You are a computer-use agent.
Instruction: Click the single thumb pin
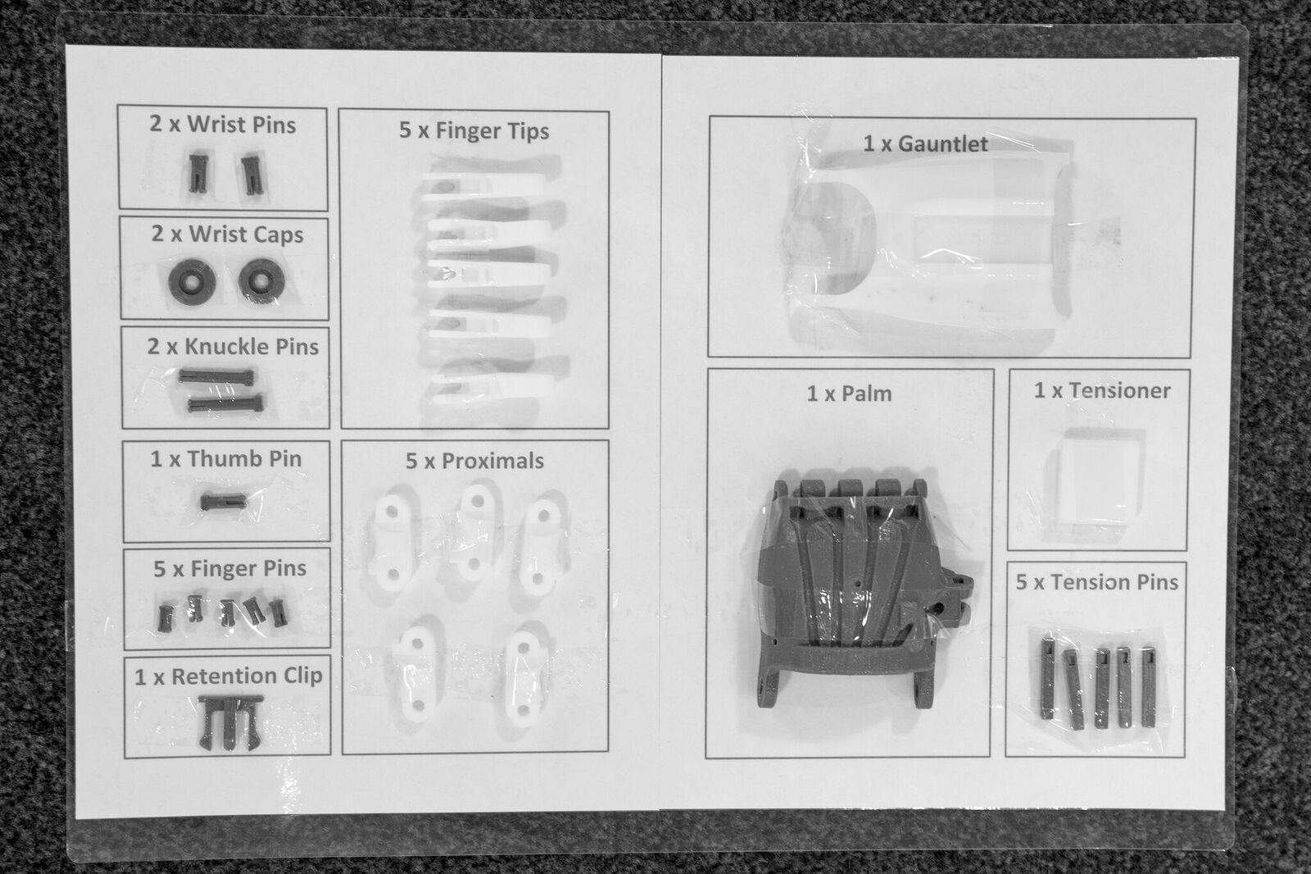click(x=222, y=500)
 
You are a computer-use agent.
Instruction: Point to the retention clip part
click(x=230, y=720)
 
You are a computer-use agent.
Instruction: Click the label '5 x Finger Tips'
click(x=474, y=130)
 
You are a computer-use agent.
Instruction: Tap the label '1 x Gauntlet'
click(x=925, y=144)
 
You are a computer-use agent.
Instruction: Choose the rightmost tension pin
click(x=1148, y=687)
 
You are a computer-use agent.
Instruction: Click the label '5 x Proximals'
click(x=474, y=461)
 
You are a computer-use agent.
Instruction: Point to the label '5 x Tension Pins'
click(x=1096, y=583)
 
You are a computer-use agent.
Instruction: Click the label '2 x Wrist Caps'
click(x=227, y=234)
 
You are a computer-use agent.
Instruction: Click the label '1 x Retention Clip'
click(x=228, y=676)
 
